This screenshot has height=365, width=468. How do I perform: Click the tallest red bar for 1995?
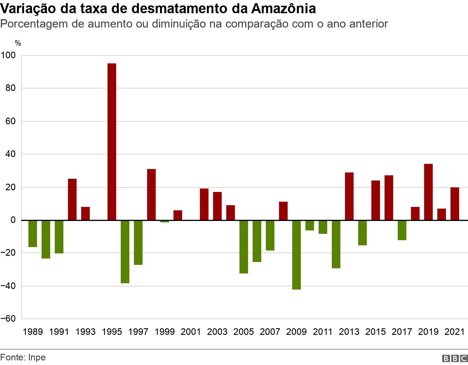pyautogui.click(x=112, y=142)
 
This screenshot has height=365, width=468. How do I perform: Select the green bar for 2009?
pyautogui.click(x=297, y=255)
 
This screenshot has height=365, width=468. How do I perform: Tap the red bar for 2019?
pyautogui.click(x=428, y=192)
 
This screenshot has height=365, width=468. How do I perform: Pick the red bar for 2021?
pyautogui.click(x=455, y=204)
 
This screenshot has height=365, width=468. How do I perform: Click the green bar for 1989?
pyautogui.click(x=33, y=234)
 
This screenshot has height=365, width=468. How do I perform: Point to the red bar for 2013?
pyautogui.click(x=349, y=196)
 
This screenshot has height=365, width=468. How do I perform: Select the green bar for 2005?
pyautogui.click(x=244, y=247)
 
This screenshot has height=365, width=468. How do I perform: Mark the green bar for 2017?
pyautogui.click(x=402, y=230)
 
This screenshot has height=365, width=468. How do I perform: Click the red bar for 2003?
pyautogui.click(x=217, y=206)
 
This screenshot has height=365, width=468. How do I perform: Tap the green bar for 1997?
pyautogui.click(x=138, y=242)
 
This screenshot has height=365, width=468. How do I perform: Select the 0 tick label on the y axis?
pyautogui.click(x=13, y=220)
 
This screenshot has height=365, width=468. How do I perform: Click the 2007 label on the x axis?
pyautogui.click(x=270, y=332)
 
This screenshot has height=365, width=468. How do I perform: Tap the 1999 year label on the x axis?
pyautogui.click(x=165, y=332)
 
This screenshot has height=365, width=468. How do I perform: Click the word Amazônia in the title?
pyautogui.click(x=283, y=9)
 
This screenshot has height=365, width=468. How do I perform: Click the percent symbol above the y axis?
pyautogui.click(x=18, y=43)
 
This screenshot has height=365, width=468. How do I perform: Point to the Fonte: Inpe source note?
pyautogui.click(x=23, y=358)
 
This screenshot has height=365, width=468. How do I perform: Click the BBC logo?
pyautogui.click(x=455, y=358)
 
